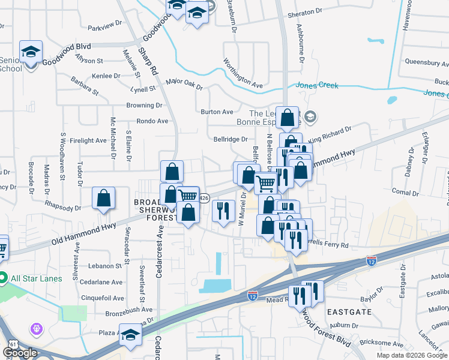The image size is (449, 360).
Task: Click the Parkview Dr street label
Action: tap(104, 27)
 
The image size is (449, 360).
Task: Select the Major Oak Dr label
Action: tap(184, 83)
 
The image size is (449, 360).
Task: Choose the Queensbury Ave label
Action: tap(425, 61)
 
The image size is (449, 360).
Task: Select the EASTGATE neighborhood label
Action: tap(350, 312)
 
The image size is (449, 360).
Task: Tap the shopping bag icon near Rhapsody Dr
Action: tap(104, 198)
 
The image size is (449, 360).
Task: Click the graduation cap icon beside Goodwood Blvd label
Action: tap(31, 52)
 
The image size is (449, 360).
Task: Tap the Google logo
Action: tap(20, 353)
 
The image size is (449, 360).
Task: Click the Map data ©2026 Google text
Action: tap(412, 355)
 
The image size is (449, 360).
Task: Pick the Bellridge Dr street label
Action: tap(231, 139)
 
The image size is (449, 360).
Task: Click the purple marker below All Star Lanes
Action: tap(37, 329)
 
